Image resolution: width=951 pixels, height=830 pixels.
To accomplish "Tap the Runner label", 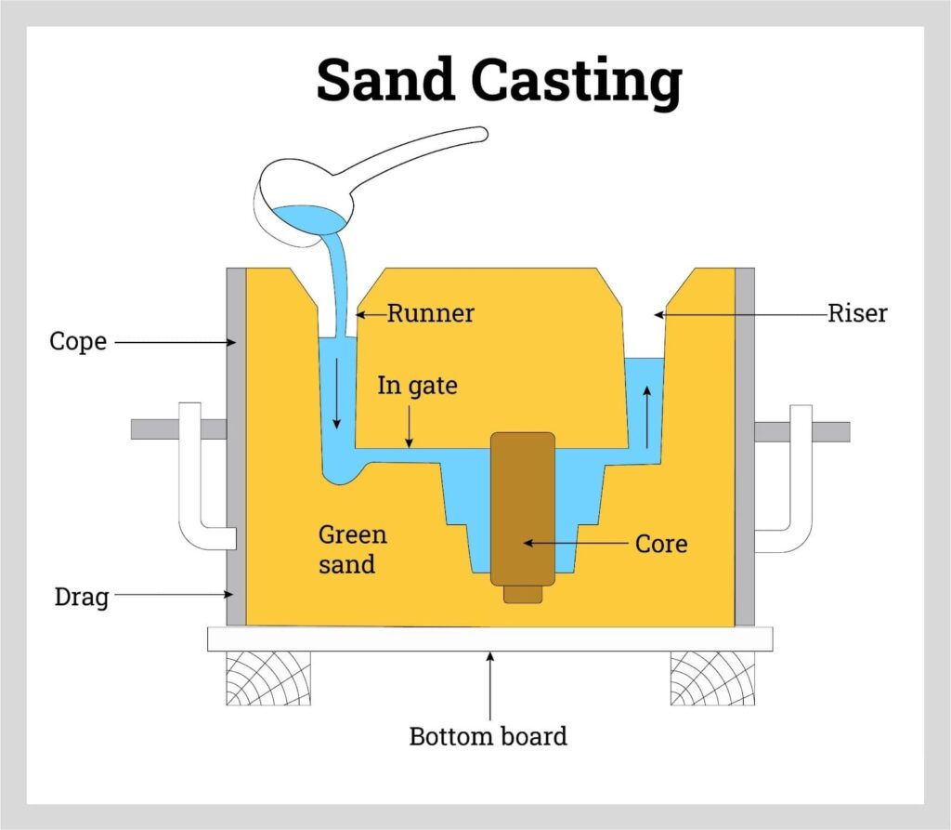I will tap(430, 313).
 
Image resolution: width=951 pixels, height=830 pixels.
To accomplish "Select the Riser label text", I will tap(856, 313).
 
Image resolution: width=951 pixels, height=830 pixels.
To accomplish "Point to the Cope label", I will tap(77, 342).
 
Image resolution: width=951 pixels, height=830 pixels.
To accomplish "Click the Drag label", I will tap(81, 596).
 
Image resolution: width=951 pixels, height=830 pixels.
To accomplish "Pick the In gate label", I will tap(417, 385).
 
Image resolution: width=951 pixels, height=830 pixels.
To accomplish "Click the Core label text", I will tap(660, 543).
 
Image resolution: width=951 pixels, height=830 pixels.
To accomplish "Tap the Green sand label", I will tap(352, 548).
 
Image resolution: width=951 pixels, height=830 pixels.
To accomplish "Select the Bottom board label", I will tap(488, 737).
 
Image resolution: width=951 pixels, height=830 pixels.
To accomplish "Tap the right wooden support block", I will tap(712, 677).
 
